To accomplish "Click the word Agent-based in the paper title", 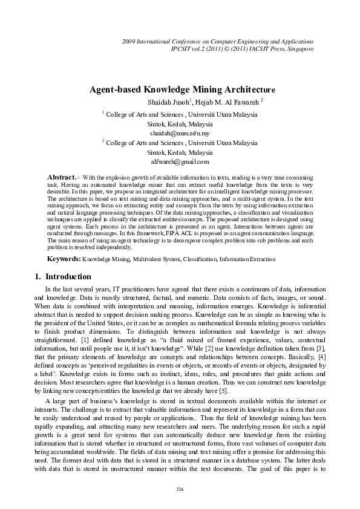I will (113, 89).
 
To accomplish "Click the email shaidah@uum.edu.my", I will (180, 132).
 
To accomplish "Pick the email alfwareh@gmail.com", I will (180, 162).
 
